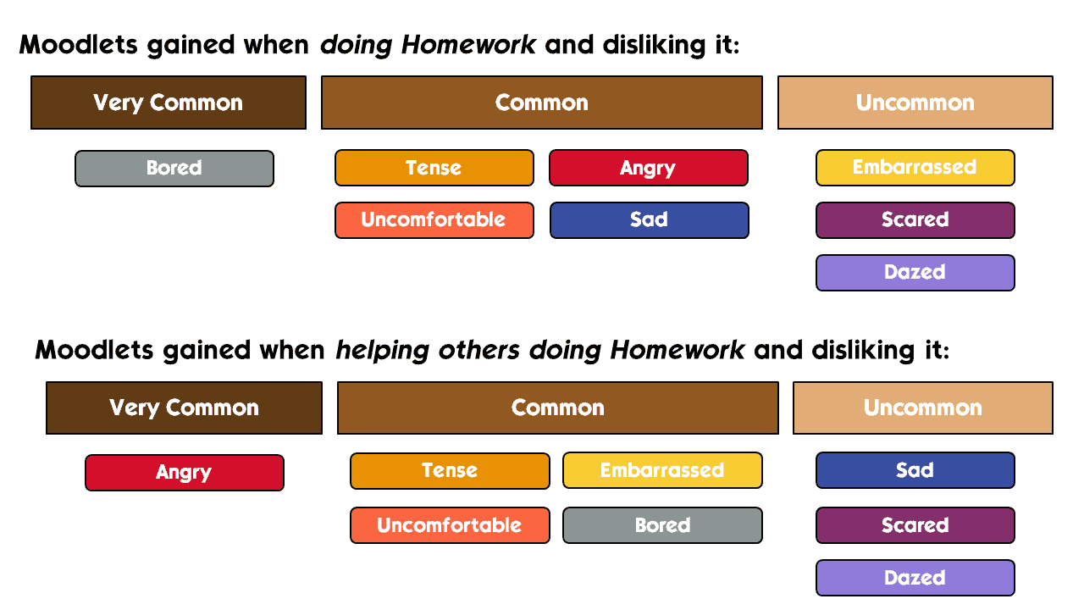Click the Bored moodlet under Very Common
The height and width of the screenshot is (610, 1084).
[174, 169]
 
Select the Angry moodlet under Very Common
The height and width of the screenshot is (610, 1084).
[185, 473]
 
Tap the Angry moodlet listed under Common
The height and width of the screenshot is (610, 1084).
[649, 168]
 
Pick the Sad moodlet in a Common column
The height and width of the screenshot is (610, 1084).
[649, 220]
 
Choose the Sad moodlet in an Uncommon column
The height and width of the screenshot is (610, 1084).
[915, 470]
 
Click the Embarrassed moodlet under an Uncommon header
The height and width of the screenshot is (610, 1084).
[915, 168]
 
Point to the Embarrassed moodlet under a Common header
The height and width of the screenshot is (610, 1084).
[662, 470]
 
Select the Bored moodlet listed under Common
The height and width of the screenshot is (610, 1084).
[662, 525]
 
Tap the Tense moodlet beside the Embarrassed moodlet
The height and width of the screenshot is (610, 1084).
[450, 471]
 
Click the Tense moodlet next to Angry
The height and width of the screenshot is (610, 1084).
[434, 168]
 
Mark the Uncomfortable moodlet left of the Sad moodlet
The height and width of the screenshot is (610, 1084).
[434, 220]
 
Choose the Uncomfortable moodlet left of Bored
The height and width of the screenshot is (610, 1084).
[450, 525]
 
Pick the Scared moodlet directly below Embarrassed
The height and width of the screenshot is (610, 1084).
[915, 220]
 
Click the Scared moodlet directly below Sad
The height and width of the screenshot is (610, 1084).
[915, 525]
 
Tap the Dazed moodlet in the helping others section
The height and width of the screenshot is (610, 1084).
[915, 578]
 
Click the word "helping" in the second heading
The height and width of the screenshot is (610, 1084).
[382, 351]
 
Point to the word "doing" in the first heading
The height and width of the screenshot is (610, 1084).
[357, 46]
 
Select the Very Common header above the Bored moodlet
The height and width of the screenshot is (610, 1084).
[169, 103]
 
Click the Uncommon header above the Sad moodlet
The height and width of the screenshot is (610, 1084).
[923, 408]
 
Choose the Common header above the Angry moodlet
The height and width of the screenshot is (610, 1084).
[542, 103]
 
